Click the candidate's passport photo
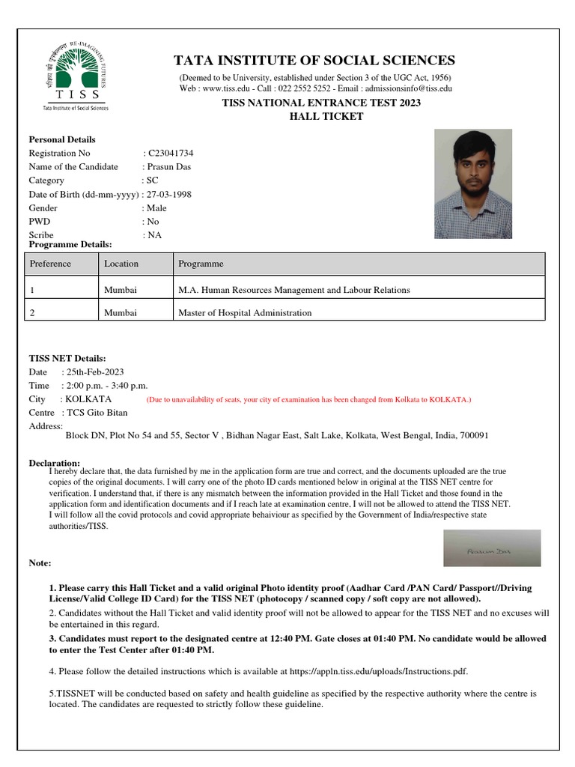coord(474,184)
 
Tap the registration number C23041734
coord(171,153)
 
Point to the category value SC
coord(152,181)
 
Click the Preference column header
coord(50,264)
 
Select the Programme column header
coord(201,264)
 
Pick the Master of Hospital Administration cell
coord(244,312)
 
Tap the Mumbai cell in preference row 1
coord(121,290)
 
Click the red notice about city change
coord(308,400)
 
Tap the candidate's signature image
coord(491,548)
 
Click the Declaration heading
coord(54,463)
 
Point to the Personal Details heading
coord(62,139)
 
